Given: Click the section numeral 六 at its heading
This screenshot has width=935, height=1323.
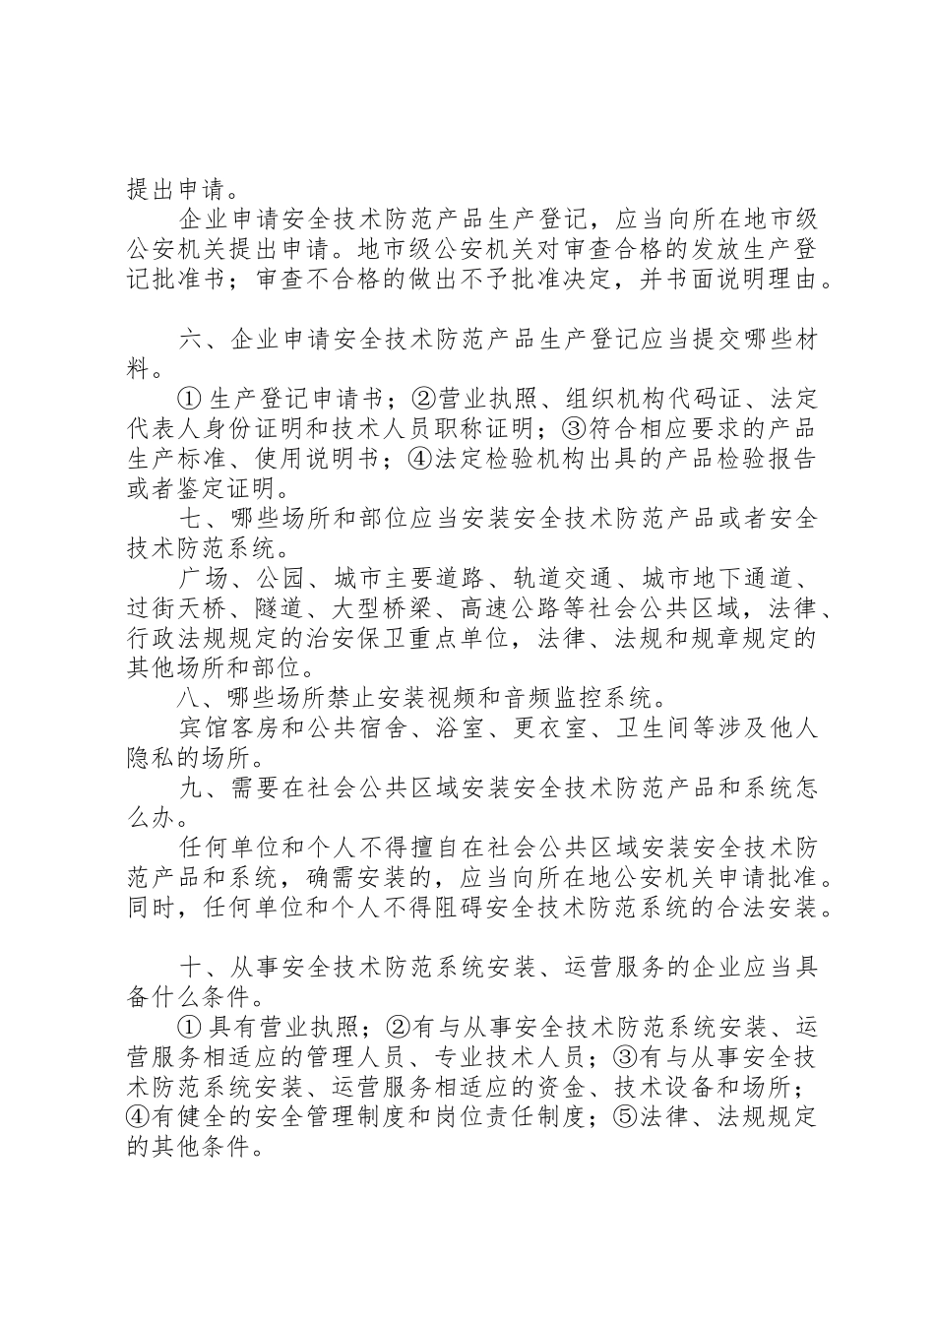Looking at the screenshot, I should tap(194, 342).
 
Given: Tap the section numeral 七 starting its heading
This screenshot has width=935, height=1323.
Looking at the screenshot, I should tap(194, 519).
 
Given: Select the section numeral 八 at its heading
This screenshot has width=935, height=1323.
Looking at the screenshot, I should tap(194, 700).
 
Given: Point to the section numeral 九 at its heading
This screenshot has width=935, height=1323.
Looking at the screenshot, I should tap(194, 788).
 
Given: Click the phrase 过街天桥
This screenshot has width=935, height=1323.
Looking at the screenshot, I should tap(180, 608).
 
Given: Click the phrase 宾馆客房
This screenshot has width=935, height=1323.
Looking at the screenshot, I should tap(232, 729).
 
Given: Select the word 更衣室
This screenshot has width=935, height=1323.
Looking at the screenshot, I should tap(558, 729).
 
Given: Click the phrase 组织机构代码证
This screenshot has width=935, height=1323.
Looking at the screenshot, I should tap(651, 401).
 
